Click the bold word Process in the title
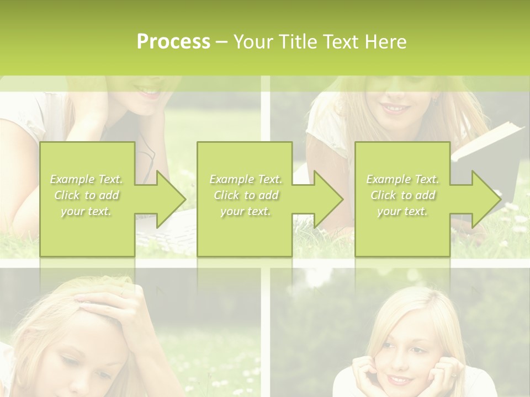click(x=173, y=42)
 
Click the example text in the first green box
click(x=87, y=195)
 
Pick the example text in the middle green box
click(x=246, y=195)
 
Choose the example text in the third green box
click(x=402, y=195)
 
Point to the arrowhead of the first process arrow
click(x=171, y=199)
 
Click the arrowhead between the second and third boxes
click(x=328, y=199)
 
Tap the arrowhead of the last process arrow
click(x=486, y=199)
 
